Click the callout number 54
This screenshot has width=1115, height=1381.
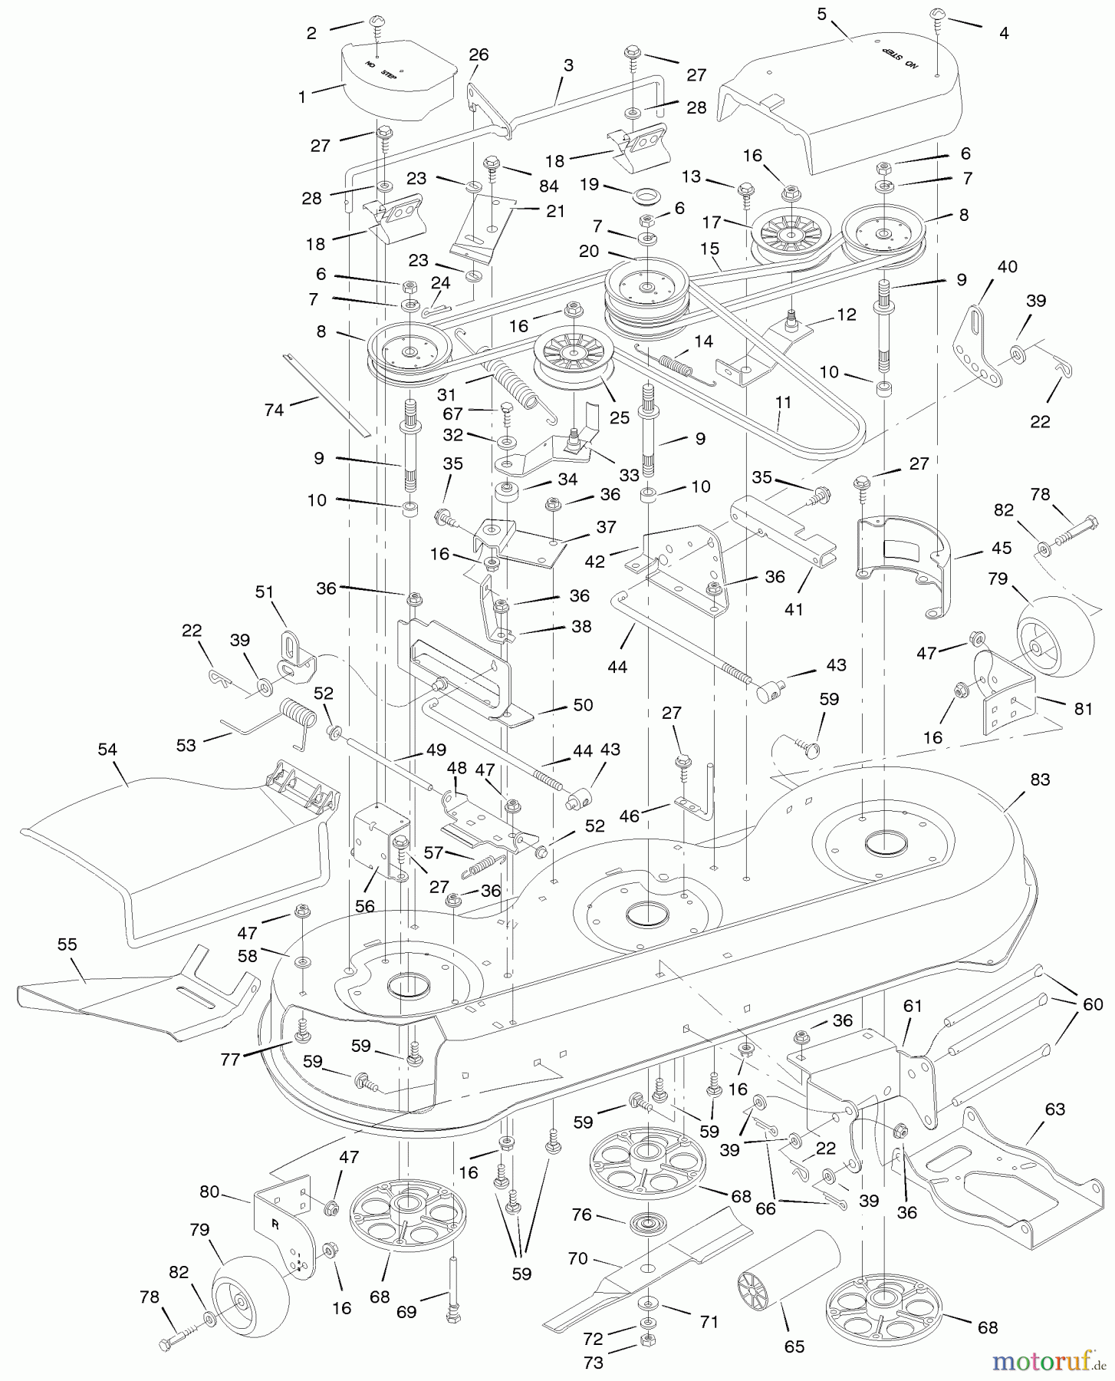(107, 749)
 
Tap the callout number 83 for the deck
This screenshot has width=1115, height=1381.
(1040, 779)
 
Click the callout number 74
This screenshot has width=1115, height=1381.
(273, 410)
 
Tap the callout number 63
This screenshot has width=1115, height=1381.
(1055, 1109)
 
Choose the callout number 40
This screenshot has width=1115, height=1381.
(1007, 266)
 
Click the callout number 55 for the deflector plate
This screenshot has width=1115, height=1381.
(67, 944)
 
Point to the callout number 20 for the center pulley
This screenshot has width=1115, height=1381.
(588, 251)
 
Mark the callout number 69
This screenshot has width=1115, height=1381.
(406, 1312)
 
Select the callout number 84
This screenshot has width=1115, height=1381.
(548, 186)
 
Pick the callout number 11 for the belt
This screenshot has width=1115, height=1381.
(784, 402)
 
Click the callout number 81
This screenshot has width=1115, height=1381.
(1083, 709)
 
